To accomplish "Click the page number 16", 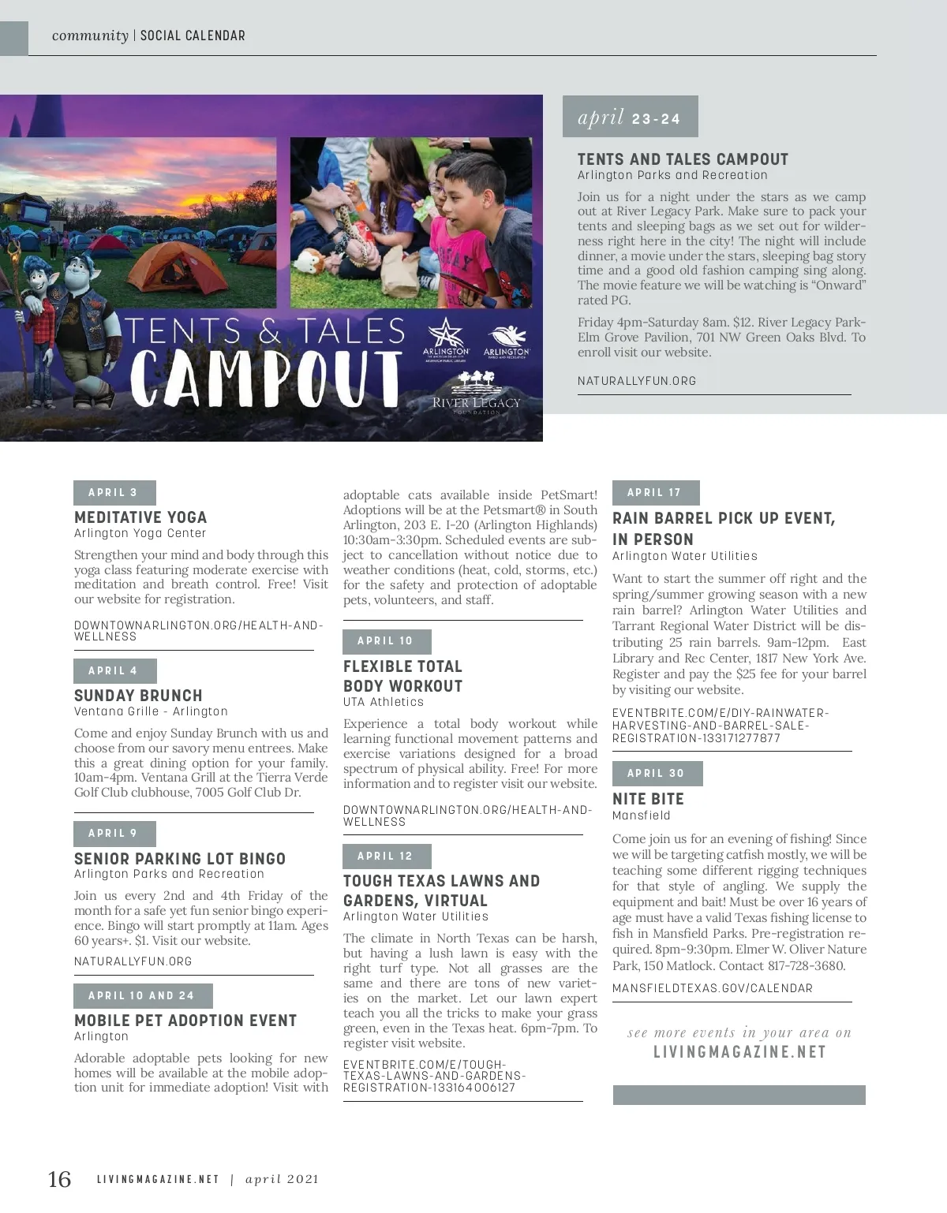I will [x=59, y=1179].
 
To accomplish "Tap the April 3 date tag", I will [x=114, y=492].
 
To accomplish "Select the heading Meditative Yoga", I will [x=140, y=517].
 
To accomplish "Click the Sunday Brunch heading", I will [x=138, y=696].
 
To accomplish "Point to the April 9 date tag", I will [x=114, y=833].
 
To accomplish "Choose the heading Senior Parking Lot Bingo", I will [x=180, y=859].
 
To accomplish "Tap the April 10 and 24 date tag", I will [x=142, y=995].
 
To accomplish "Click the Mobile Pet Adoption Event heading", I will [x=185, y=1021].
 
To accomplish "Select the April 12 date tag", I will [x=386, y=856].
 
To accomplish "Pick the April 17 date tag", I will [x=655, y=492].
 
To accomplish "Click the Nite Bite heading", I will [x=648, y=799].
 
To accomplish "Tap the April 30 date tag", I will [x=657, y=773].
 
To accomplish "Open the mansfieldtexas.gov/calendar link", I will [x=712, y=988].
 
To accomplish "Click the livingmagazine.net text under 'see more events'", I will [x=739, y=1052].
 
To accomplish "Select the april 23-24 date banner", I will [x=630, y=118].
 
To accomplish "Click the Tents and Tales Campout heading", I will [x=683, y=159].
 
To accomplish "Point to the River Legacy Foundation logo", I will [x=476, y=394].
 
